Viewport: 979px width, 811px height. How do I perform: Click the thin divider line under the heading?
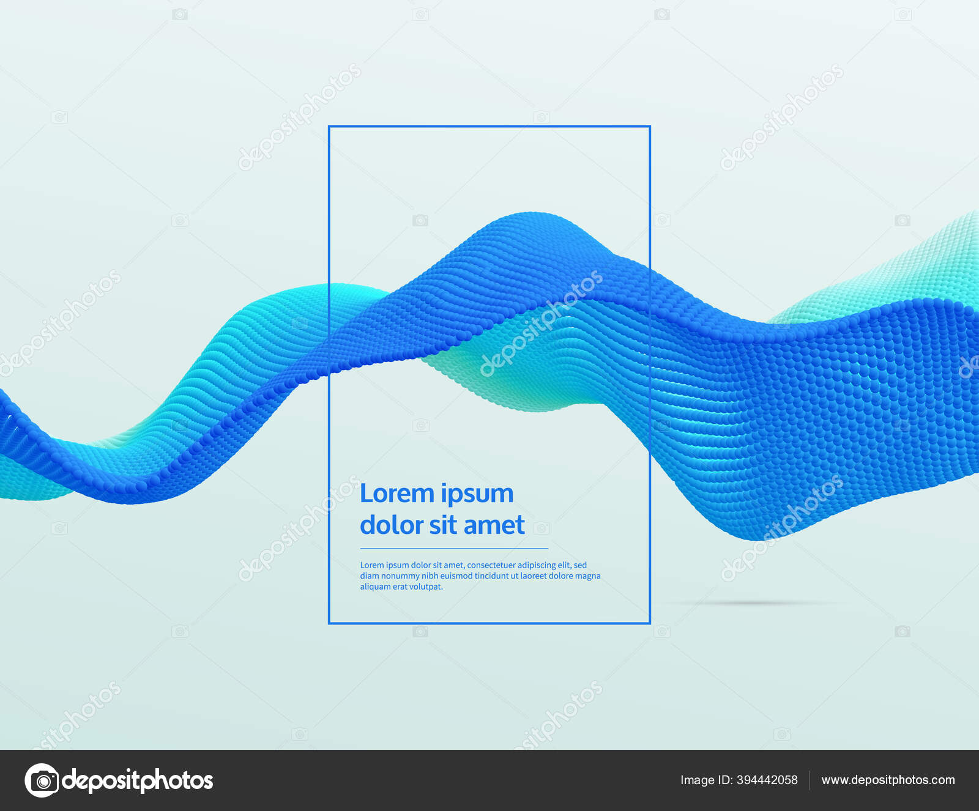pos(454,549)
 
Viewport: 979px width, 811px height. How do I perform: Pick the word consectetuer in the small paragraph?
pos(491,565)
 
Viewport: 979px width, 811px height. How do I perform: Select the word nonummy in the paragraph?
pos(400,576)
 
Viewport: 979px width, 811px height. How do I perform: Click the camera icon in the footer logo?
pos(42,780)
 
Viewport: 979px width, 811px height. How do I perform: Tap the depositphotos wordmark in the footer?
pos(138,780)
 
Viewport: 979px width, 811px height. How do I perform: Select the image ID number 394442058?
pos(767,780)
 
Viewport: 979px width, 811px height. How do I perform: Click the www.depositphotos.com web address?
pos(888,780)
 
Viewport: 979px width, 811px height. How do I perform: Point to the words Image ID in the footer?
pos(706,780)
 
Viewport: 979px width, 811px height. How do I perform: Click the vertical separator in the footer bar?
pos(810,780)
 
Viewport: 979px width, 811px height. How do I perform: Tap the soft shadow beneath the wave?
pos(753,603)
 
